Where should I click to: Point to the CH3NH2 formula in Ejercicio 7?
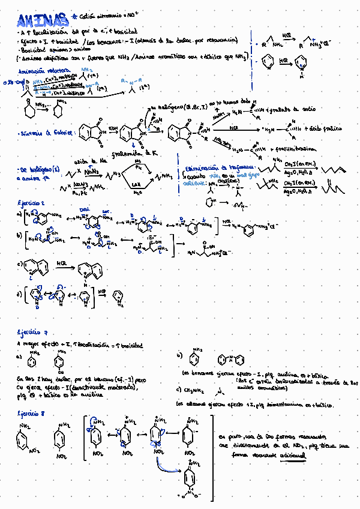pos(196,390)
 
